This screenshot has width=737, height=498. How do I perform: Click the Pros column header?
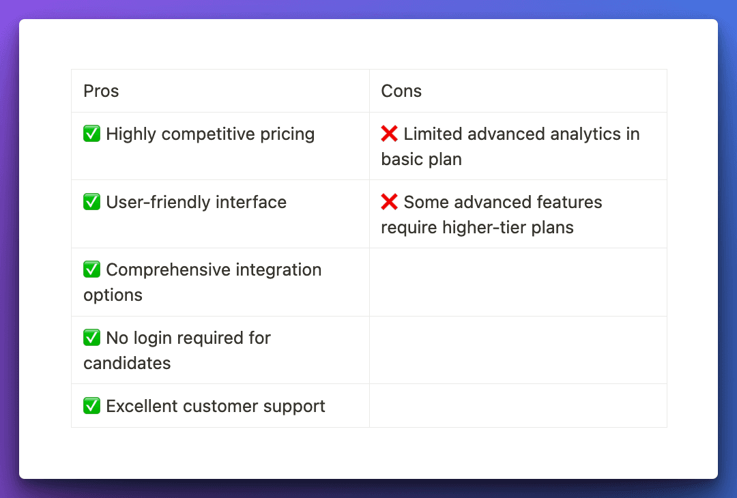pos(101,91)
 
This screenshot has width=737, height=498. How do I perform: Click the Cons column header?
pos(401,91)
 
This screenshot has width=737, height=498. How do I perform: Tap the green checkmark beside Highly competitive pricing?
pos(91,134)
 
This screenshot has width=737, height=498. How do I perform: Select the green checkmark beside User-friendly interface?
pos(91,201)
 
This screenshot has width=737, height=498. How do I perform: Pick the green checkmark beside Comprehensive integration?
pos(91,269)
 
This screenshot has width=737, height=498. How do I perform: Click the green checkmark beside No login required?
pos(91,337)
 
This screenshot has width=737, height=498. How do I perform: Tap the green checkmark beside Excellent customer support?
pos(91,405)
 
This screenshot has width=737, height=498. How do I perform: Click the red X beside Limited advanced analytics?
pos(389,134)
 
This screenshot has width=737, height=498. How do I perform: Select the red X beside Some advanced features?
pos(389,201)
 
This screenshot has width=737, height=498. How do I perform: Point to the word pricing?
pos(287,134)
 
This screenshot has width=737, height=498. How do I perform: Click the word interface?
pos(251,202)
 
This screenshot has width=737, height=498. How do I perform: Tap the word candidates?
pos(127,363)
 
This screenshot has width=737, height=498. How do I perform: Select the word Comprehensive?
pos(169,270)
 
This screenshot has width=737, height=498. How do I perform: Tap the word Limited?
pos(433,134)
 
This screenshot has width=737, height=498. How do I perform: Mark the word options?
pos(113,295)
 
